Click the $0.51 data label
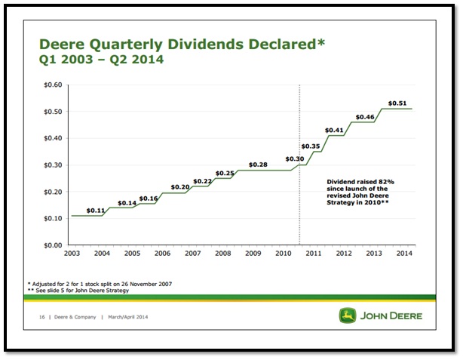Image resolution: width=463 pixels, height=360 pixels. pyautogui.click(x=398, y=103)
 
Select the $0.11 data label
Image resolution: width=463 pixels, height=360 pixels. pyautogui.click(x=96, y=210)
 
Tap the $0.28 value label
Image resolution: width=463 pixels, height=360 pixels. pyautogui.click(x=258, y=165)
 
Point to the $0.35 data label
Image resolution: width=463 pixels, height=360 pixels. pyautogui.click(x=311, y=146)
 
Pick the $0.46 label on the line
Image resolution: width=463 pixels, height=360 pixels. pyautogui.click(x=365, y=117)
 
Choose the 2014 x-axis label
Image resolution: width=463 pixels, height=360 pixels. pyautogui.click(x=404, y=253)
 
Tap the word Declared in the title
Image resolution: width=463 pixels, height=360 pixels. pyautogui.click(x=277, y=44)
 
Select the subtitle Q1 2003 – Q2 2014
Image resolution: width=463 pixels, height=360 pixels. pyautogui.click(x=103, y=57)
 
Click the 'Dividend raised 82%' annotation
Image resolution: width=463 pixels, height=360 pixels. pyautogui.click(x=361, y=182)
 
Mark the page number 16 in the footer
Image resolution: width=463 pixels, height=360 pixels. pyautogui.click(x=44, y=316)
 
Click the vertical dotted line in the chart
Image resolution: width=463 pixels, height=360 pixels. pyautogui.click(x=300, y=189)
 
